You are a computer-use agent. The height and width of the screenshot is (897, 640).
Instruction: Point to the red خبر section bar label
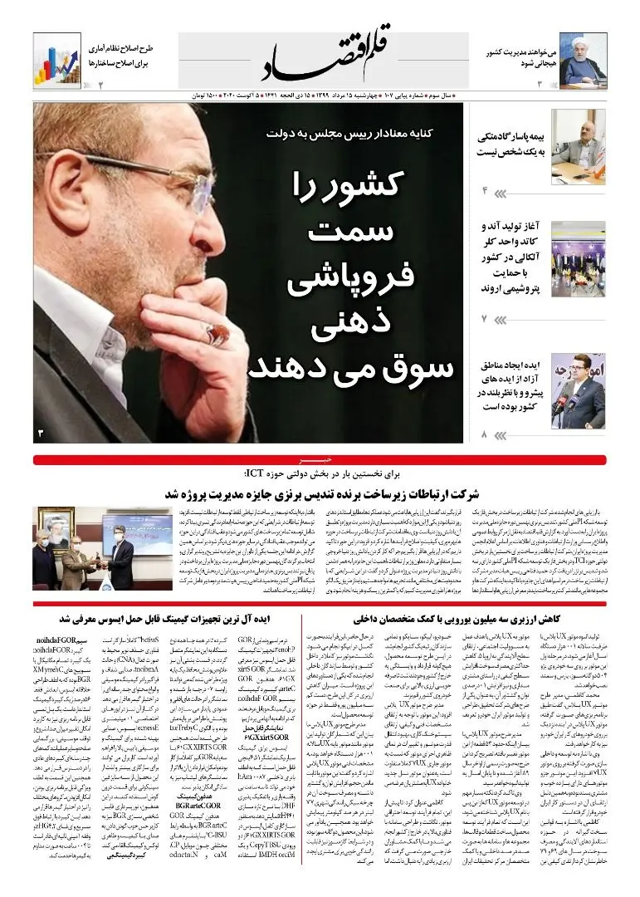(x=307, y=458)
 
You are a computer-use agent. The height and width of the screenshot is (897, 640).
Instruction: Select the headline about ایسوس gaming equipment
(x=183, y=619)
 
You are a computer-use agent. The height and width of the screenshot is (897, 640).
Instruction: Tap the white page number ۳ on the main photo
(x=40, y=433)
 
